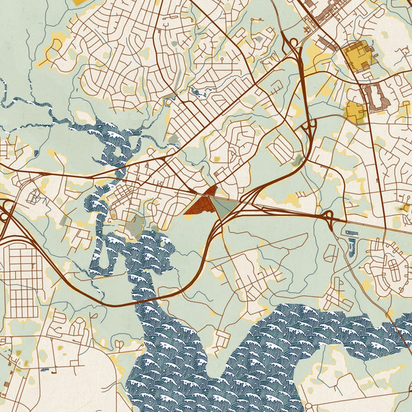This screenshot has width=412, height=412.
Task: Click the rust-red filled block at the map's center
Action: [x=203, y=203]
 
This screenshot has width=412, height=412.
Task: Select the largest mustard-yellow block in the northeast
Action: [x=357, y=56]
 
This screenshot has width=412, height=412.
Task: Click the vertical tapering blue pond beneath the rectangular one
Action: [x=352, y=247]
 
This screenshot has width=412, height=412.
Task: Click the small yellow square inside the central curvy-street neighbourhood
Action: [x=217, y=159]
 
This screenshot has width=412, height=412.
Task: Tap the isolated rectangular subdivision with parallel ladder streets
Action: [x=282, y=148]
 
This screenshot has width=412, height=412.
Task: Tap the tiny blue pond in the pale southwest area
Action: [x=47, y=371]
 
